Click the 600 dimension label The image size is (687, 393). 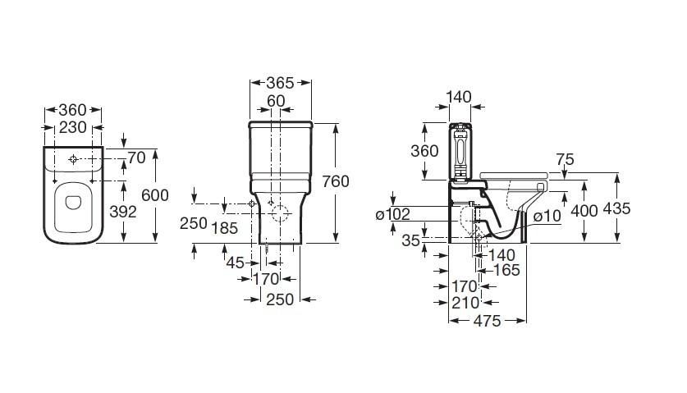pos(155,194)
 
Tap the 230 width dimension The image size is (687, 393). pos(72,127)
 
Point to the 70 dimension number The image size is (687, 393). pos(135,157)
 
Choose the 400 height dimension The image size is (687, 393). pos(584,209)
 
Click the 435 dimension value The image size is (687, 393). pos(616,208)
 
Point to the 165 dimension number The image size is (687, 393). pos(506,270)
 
